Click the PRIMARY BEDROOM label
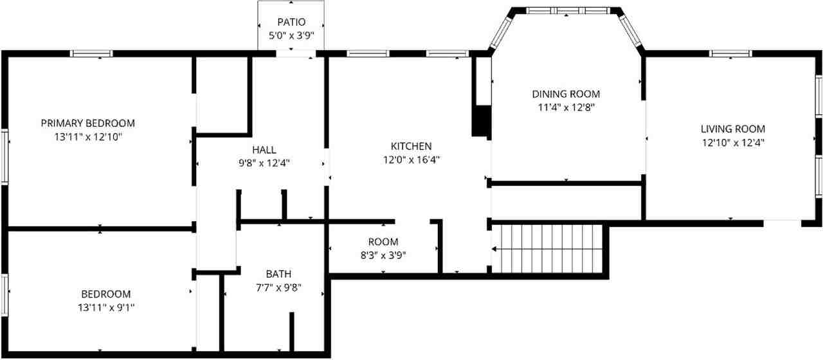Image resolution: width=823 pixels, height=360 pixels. (88, 123)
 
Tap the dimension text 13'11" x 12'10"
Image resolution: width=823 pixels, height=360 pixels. (88, 137)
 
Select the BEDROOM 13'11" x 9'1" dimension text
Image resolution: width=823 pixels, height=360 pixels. (106, 308)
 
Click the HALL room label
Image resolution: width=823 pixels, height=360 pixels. (264, 150)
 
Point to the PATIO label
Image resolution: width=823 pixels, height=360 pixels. (291, 22)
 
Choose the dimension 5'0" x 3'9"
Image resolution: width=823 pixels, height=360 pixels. (291, 36)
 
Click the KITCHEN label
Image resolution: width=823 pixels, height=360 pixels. (411, 146)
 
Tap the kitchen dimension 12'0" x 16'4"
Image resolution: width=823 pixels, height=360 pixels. (411, 159)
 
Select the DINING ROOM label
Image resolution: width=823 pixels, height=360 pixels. (566, 94)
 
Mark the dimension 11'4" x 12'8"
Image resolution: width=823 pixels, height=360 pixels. (566, 107)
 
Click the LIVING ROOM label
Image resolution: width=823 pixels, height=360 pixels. (733, 129)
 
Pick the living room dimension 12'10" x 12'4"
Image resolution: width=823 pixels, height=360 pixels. (733, 142)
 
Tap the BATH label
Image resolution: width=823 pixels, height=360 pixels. (280, 274)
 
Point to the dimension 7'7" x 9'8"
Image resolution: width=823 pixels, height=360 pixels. (280, 287)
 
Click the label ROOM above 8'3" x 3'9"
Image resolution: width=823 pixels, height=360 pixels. (383, 242)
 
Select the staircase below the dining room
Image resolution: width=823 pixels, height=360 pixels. (550, 248)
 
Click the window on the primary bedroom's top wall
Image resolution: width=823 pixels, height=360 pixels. (91, 53)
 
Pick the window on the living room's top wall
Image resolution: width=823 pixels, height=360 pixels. (731, 53)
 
